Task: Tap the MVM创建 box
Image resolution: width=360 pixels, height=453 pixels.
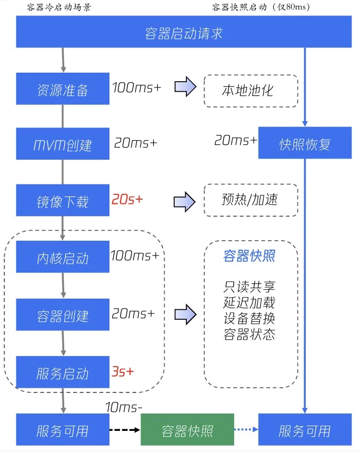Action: point(63,144)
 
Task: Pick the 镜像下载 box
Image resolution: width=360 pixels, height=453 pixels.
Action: point(63,201)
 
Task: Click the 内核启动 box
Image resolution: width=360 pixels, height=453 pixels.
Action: point(63,258)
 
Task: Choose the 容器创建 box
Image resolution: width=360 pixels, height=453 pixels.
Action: point(63,316)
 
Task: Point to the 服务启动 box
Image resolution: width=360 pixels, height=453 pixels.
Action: point(63,373)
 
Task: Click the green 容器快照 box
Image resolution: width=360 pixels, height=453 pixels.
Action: point(187,430)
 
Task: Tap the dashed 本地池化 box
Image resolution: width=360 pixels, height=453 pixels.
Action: point(251,91)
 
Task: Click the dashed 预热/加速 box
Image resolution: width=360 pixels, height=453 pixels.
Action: point(251,200)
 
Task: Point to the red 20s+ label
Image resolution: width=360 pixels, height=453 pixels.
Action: point(127,200)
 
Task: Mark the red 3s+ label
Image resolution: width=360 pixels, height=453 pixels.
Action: point(123,371)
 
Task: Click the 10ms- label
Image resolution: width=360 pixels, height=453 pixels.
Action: point(124,407)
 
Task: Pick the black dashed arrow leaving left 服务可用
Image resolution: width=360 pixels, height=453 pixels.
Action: point(125,430)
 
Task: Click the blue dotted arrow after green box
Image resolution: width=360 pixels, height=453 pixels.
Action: point(246,430)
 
